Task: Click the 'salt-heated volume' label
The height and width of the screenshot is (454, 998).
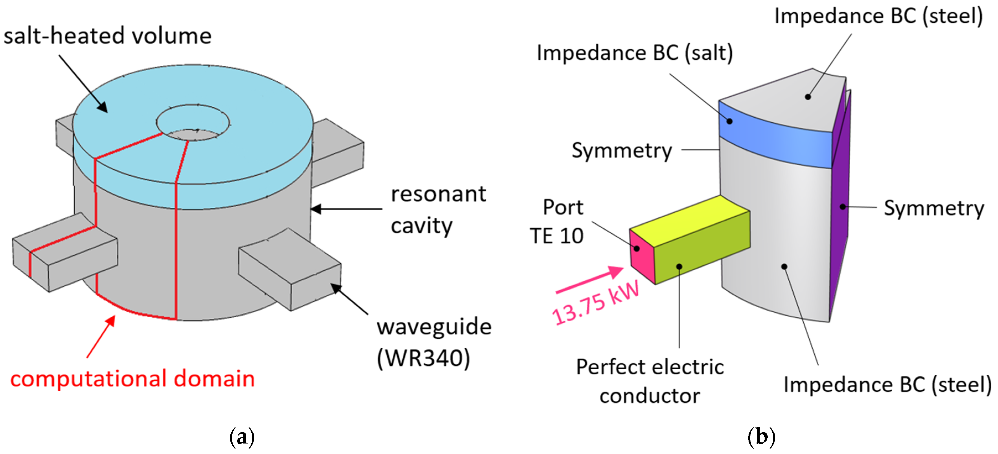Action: (x=107, y=36)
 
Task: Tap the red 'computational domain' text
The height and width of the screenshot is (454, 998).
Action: (x=132, y=379)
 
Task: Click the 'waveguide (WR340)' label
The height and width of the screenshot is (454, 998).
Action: (x=434, y=342)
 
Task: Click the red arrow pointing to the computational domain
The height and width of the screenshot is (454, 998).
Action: (x=101, y=336)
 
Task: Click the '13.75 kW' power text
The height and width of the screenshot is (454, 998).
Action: (x=595, y=304)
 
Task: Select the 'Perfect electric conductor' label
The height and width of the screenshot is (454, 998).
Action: (x=650, y=381)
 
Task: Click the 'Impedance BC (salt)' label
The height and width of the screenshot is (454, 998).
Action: (x=635, y=53)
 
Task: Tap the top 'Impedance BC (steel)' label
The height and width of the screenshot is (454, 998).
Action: (x=878, y=16)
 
